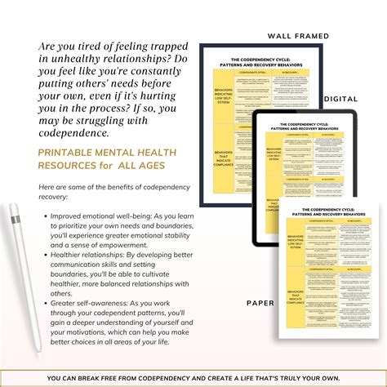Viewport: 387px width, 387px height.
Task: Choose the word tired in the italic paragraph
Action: point(94,48)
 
